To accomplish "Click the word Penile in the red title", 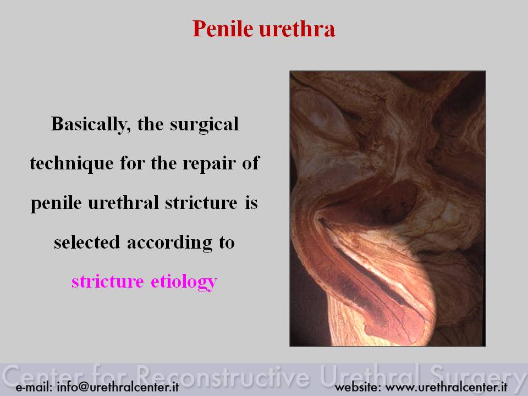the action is pyautogui.click(x=223, y=29).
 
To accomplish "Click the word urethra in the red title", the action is pyautogui.click(x=297, y=29).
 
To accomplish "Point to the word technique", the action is pyautogui.click(x=71, y=164).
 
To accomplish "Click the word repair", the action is pyautogui.click(x=209, y=164).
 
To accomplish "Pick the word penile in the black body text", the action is pyautogui.click(x=56, y=204).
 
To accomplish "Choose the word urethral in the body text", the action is pyautogui.click(x=123, y=203).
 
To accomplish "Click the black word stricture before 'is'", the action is pyautogui.click(x=201, y=203).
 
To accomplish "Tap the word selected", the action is pyautogui.click(x=87, y=242).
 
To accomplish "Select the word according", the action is pyautogui.click(x=170, y=243).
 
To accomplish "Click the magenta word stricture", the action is pyautogui.click(x=108, y=282).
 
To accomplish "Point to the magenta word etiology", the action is pyautogui.click(x=184, y=282).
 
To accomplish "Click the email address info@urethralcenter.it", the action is pyautogui.click(x=118, y=387).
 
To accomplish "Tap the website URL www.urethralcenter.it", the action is pyautogui.click(x=446, y=387).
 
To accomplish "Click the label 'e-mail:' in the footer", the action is pyautogui.click(x=34, y=387).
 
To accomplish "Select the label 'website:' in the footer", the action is pyautogui.click(x=358, y=387).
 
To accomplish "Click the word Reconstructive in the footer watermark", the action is pyautogui.click(x=223, y=376).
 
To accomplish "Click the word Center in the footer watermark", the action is pyautogui.click(x=43, y=376).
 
